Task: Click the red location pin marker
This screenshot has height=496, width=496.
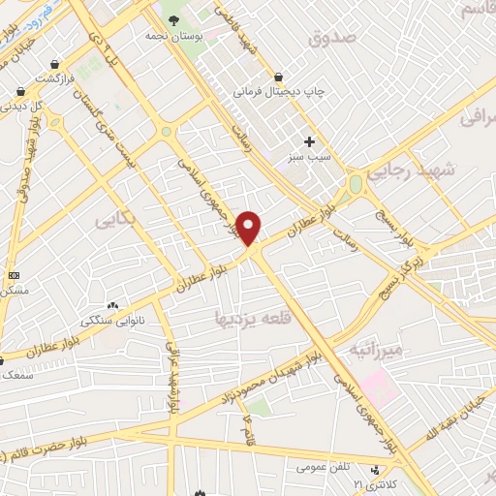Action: (x=249, y=228)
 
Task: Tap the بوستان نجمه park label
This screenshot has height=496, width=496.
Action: (x=172, y=35)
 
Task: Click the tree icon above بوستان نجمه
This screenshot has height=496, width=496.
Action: (x=173, y=18)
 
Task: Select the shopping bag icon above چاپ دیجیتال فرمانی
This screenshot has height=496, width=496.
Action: (x=279, y=77)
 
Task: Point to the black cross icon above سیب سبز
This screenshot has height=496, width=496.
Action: (x=309, y=141)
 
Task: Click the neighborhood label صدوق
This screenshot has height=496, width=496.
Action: (x=332, y=38)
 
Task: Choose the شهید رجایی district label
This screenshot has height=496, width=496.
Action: (x=446, y=169)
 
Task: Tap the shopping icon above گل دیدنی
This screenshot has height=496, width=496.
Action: (x=19, y=91)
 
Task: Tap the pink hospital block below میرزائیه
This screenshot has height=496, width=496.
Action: (x=378, y=387)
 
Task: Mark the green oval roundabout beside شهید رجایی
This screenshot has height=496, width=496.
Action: (x=356, y=183)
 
